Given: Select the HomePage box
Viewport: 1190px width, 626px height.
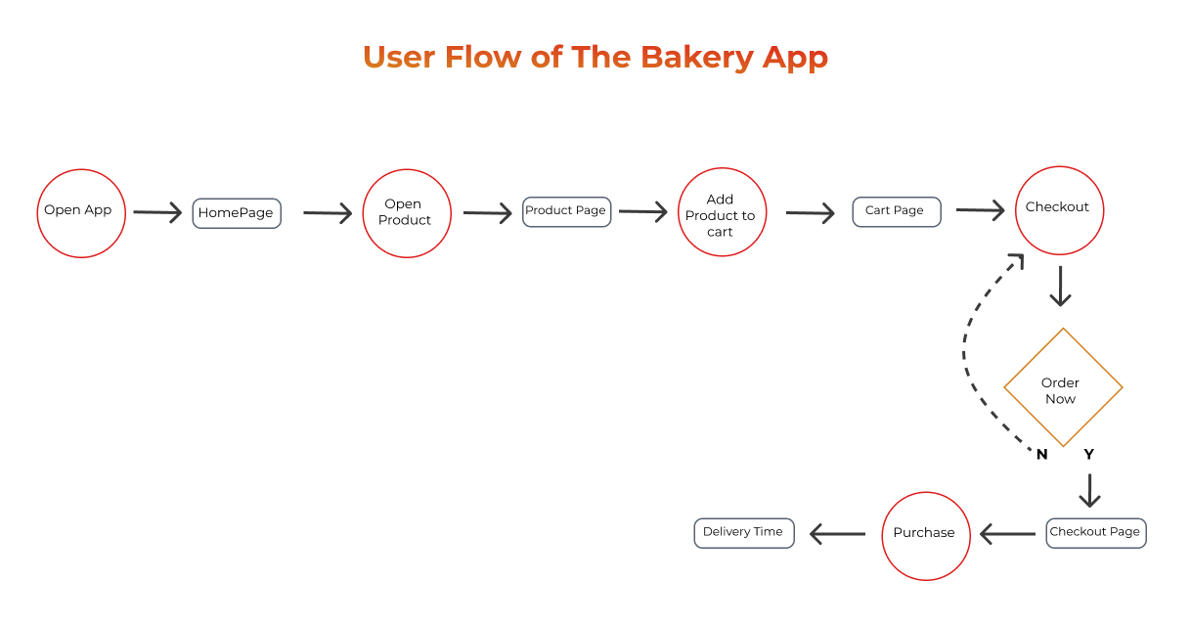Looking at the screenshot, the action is pos(237,213).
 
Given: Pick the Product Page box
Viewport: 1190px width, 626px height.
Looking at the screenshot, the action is pos(566,212).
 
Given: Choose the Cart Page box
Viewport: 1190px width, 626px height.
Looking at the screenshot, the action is pos(897,212).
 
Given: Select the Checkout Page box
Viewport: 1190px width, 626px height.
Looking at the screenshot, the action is pos(1096,533).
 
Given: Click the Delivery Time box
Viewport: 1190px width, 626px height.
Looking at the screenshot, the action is pos(744,533).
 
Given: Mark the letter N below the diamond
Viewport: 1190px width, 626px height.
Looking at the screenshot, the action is pos(1041,455).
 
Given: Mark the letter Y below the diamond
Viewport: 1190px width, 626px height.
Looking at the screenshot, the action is pos(1089,455).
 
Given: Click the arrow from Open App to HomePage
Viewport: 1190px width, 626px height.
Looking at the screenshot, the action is pos(157,212).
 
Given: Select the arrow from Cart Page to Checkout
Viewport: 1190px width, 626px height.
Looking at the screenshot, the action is pos(980,210).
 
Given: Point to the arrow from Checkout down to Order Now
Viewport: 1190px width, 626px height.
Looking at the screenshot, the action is pos(1060,287).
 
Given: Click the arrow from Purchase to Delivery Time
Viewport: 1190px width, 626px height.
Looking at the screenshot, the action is pos(837,534).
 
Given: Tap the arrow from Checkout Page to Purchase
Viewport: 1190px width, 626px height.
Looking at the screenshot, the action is pos(1007,534).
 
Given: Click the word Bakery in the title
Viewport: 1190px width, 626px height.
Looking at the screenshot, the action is pos(697,58).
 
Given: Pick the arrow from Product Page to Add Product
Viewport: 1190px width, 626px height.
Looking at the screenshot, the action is pos(643,211).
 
